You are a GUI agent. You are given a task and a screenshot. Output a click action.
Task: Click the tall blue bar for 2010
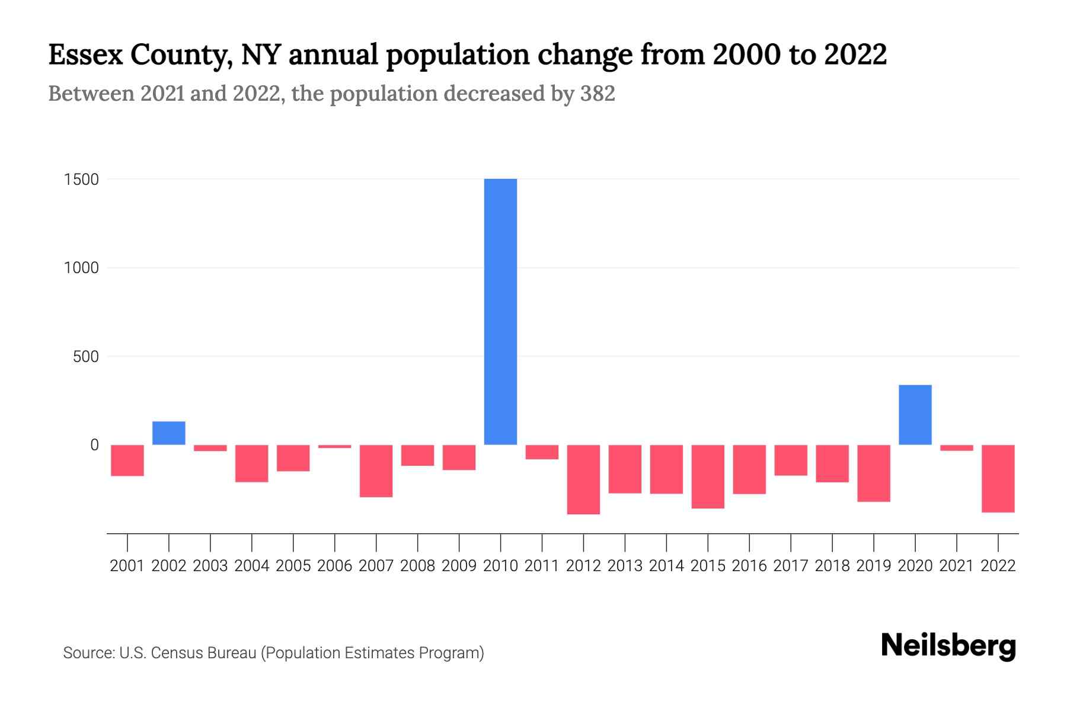tap(500, 312)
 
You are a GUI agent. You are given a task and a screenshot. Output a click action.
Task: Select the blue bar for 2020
tap(915, 415)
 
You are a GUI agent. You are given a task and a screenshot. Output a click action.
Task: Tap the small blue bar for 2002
tap(169, 433)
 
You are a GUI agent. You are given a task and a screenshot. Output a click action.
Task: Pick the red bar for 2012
tap(583, 479)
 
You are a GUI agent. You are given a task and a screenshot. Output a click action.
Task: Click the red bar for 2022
tap(998, 479)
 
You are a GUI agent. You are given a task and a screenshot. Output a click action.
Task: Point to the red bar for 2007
tap(376, 471)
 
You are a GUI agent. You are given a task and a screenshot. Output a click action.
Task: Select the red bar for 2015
tap(708, 476)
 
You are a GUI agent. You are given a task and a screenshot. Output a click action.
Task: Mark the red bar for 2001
tap(127, 460)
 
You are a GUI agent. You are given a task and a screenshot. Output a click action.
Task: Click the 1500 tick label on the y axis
tap(81, 180)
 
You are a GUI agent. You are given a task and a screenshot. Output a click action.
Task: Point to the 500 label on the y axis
tap(85, 357)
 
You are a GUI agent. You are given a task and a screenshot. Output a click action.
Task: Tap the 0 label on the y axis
tap(94, 445)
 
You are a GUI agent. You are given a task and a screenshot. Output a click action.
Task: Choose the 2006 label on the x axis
tap(334, 566)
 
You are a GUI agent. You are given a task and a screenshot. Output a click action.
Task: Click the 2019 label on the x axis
tap(873, 566)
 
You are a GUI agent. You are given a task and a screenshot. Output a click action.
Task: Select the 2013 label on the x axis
tap(625, 566)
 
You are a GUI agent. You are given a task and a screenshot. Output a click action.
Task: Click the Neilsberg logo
tap(948, 646)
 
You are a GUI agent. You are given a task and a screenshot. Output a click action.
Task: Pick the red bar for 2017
tap(790, 460)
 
